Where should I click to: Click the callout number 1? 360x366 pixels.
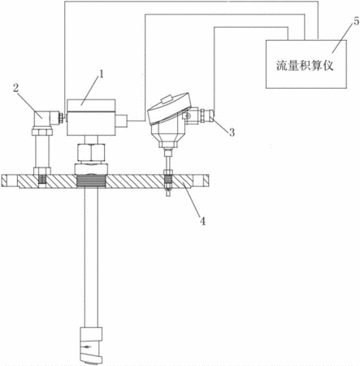101,74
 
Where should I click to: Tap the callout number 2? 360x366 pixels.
16,88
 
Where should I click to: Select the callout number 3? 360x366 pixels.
232,133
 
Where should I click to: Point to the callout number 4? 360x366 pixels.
203,221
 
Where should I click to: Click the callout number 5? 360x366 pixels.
356,22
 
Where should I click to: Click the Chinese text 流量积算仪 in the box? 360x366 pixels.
305,66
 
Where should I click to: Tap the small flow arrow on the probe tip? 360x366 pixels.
87,346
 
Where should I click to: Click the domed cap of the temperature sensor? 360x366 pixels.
170,108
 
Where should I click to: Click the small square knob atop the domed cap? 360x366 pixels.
167,98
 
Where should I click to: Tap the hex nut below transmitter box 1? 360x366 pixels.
91,152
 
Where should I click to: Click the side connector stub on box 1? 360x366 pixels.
122,121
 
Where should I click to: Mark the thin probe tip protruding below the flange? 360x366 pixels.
168,192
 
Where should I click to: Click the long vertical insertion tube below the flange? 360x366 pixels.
91,257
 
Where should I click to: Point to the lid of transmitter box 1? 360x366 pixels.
91,106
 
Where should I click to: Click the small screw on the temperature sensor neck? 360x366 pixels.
186,115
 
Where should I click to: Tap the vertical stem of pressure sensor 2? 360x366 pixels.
42,151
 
